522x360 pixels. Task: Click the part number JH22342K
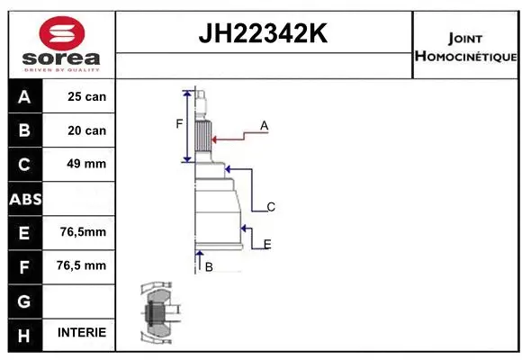(262, 35)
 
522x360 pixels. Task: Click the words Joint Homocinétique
(465, 48)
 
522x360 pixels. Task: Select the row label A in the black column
(24, 96)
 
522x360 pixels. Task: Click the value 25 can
(86, 96)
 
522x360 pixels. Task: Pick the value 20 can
(86, 130)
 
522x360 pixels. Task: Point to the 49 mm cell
(86, 164)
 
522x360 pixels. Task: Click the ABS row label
(24, 198)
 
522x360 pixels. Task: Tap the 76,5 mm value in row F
(83, 265)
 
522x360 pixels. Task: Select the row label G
(24, 299)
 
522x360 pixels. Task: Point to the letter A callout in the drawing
(265, 126)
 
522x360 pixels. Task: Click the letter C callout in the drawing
(270, 207)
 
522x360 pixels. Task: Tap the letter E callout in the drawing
(267, 244)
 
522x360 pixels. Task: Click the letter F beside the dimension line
(179, 123)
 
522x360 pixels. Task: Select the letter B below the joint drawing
(208, 267)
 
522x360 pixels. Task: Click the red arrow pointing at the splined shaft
(230, 138)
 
